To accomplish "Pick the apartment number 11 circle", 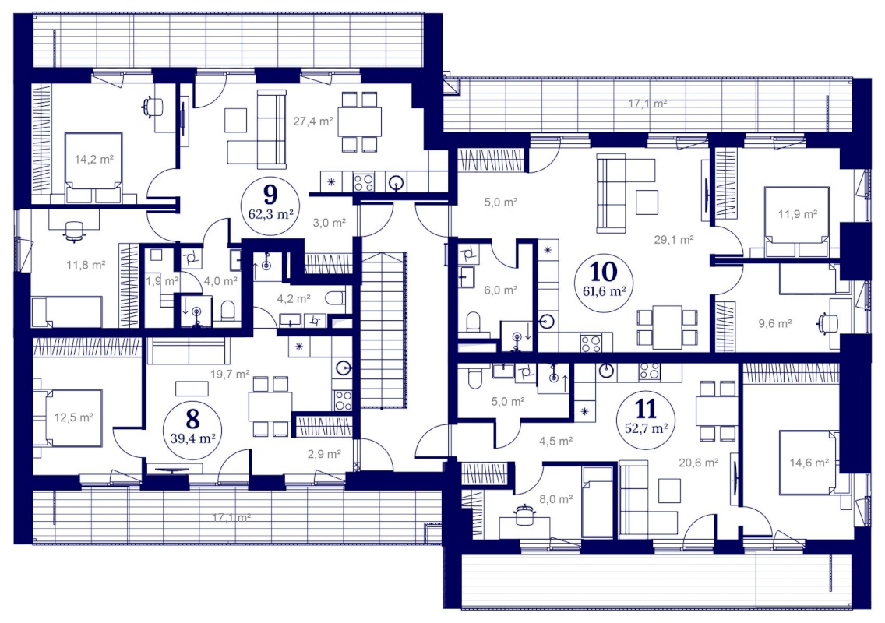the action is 647,419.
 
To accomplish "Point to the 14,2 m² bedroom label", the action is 94,159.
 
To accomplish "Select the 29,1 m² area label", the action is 674,239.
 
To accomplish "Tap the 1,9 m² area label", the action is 162,280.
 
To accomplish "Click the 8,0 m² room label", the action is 556,498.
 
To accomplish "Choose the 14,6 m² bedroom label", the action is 809,463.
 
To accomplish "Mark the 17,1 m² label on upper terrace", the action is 648,104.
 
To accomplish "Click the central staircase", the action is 383,330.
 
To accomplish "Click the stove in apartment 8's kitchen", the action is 343,400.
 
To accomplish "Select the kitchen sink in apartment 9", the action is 397,182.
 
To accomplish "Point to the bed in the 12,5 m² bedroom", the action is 69,417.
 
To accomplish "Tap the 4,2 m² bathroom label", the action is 294,299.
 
